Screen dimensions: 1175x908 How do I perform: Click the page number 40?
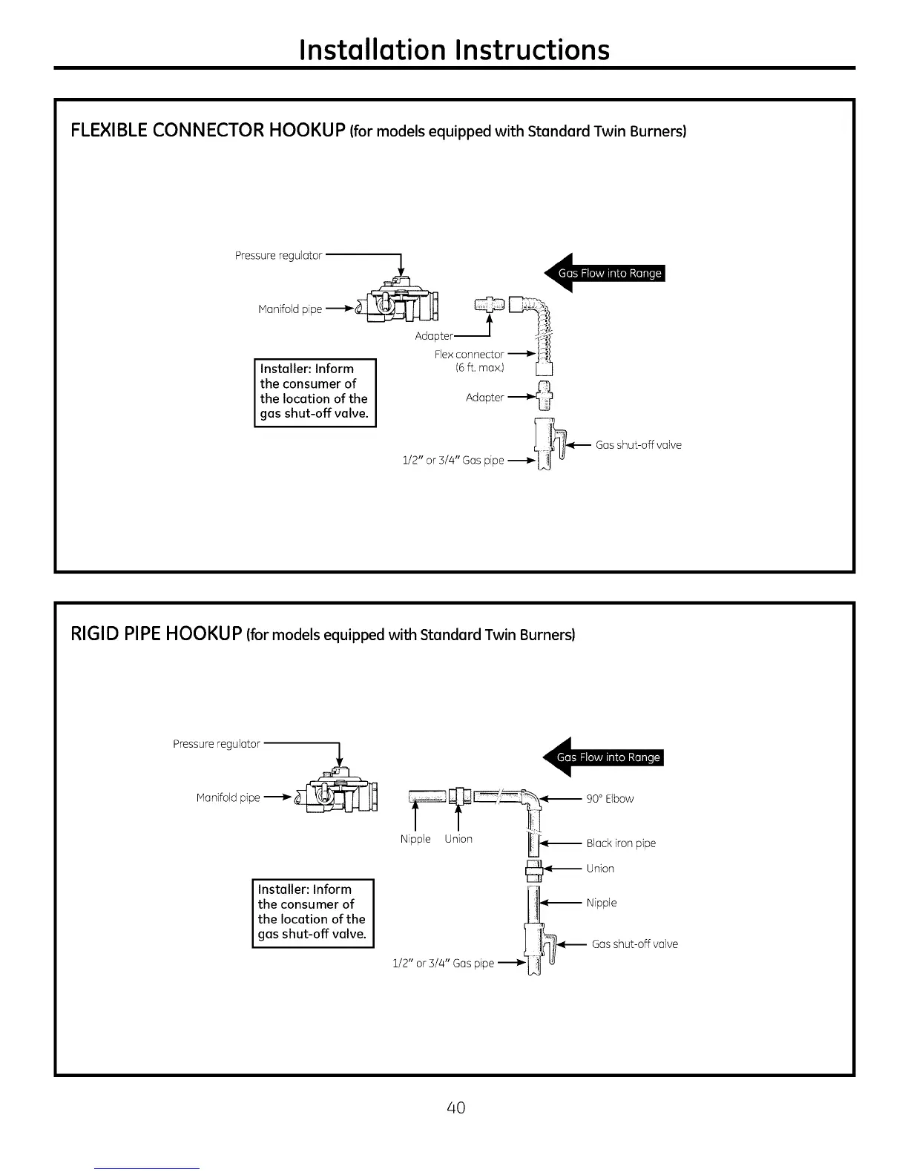coord(455,1107)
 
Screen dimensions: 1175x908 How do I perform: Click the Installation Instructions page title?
coord(454,50)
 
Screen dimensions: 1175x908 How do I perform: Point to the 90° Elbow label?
coord(610,799)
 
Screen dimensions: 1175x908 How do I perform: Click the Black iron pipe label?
coord(621,843)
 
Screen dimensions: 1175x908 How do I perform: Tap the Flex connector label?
coord(469,355)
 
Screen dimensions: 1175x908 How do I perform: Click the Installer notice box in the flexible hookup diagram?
coord(315,392)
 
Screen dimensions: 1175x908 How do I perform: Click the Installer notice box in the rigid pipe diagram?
coord(312,912)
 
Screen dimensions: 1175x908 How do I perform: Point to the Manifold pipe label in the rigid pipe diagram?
coord(228,798)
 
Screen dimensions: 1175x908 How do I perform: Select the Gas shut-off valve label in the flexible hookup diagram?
coord(638,445)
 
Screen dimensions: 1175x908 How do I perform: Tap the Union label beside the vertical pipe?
coord(600,869)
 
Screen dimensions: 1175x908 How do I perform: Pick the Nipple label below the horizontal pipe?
coord(415,839)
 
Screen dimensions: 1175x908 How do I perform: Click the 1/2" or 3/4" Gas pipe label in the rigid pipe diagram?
coord(443,964)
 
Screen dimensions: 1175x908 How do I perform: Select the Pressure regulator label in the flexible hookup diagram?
coord(278,256)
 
